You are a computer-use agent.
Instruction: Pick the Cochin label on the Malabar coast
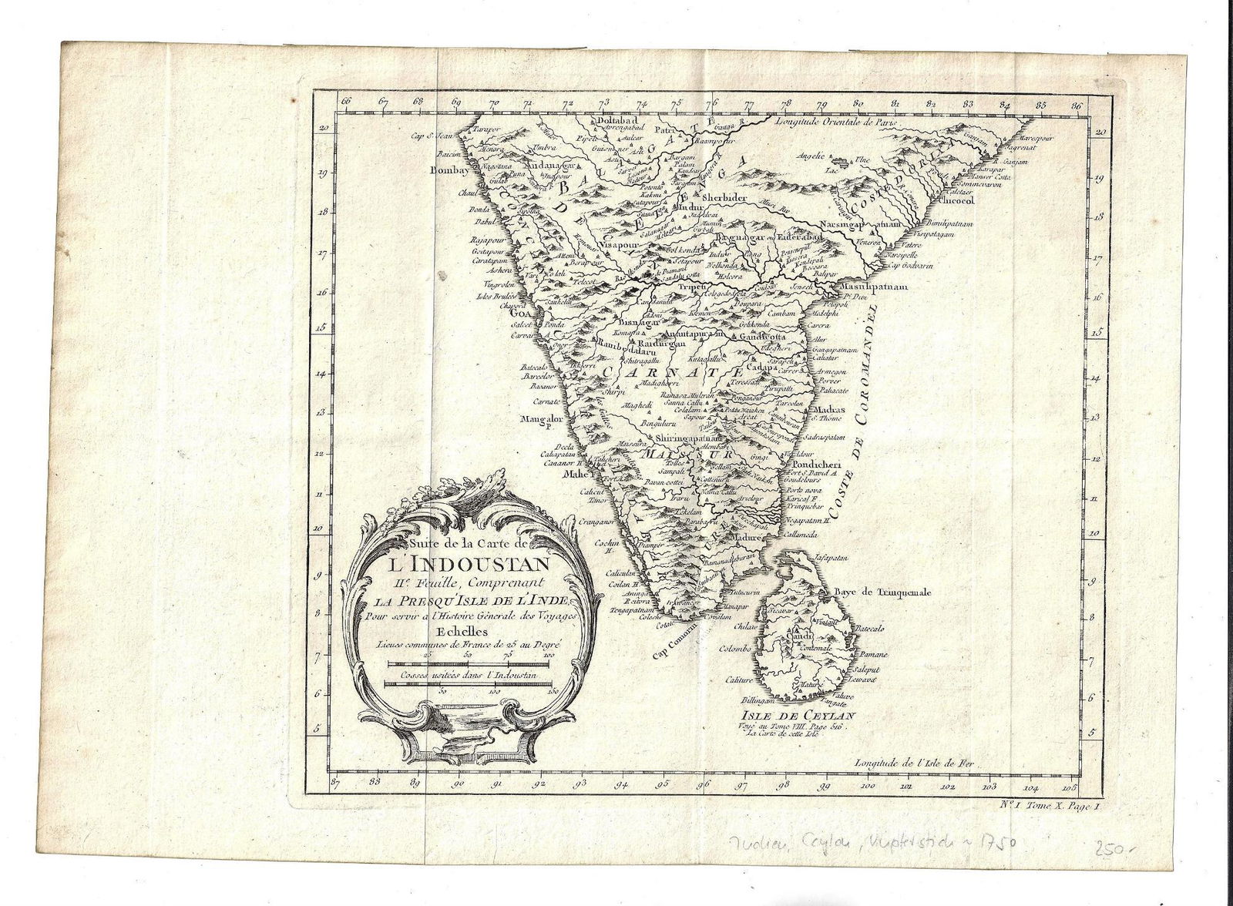tap(610, 542)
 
